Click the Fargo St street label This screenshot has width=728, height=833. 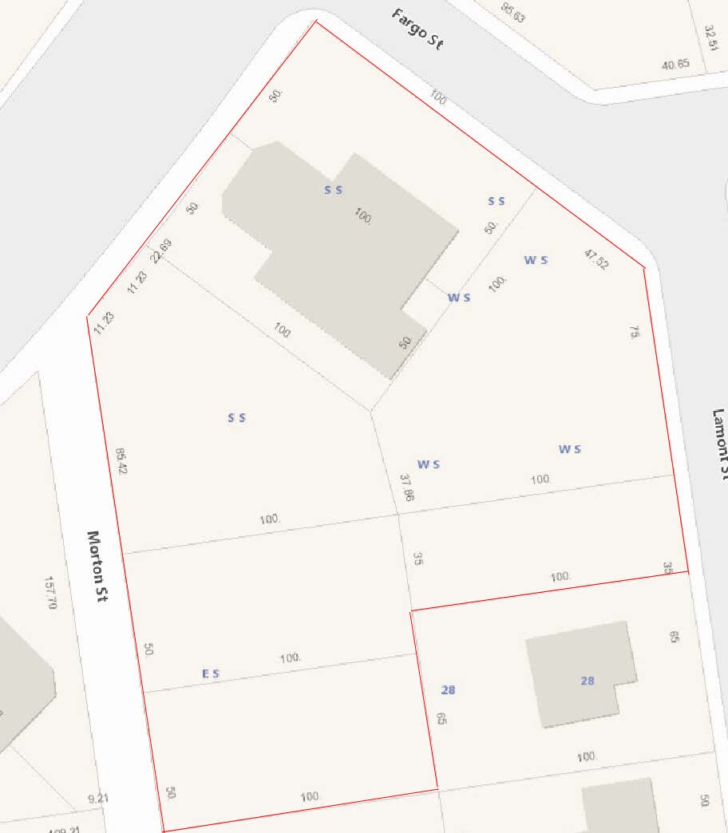[x=417, y=30]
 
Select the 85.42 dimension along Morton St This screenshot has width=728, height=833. [x=121, y=460]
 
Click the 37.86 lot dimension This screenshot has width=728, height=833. [x=407, y=487]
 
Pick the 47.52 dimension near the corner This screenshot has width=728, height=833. [x=595, y=259]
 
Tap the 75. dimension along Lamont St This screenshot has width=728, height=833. [x=635, y=333]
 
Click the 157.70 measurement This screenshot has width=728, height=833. [x=52, y=593]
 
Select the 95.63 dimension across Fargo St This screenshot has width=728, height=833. [x=513, y=12]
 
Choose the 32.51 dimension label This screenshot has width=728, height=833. [x=710, y=36]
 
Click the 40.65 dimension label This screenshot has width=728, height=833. [x=675, y=65]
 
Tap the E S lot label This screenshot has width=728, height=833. [x=211, y=674]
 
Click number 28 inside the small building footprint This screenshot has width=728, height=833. [x=588, y=681]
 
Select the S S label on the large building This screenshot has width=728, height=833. [x=333, y=190]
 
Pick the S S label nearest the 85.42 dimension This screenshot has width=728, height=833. [x=236, y=417]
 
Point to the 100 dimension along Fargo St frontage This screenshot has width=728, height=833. [x=438, y=97]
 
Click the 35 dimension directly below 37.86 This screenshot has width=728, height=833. [x=417, y=559]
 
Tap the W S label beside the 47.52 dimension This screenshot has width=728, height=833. [x=536, y=259]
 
